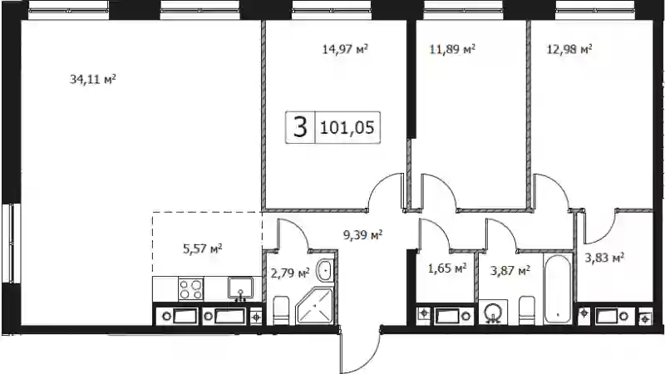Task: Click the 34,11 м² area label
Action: tap(93, 79)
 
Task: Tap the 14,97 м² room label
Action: tap(345, 49)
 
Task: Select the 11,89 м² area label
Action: tap(452, 49)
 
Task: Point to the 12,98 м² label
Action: tap(569, 49)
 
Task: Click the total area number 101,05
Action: tap(347, 127)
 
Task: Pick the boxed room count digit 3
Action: tap(300, 127)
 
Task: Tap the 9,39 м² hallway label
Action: tap(362, 234)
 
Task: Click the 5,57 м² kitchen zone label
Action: tap(203, 249)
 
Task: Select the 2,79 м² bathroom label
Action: tap(290, 273)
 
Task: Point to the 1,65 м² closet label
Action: tap(447, 268)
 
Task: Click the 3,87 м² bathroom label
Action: tap(510, 270)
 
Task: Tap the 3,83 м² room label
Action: tap(604, 258)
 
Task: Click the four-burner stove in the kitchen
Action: tap(191, 288)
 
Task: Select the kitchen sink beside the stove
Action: tap(240, 288)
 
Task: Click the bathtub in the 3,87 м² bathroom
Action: tap(558, 289)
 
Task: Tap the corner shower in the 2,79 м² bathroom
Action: tap(315, 306)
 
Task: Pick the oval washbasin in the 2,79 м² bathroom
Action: tap(325, 269)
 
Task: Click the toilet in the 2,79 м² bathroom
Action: tap(281, 310)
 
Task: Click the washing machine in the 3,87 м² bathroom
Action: tap(493, 312)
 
